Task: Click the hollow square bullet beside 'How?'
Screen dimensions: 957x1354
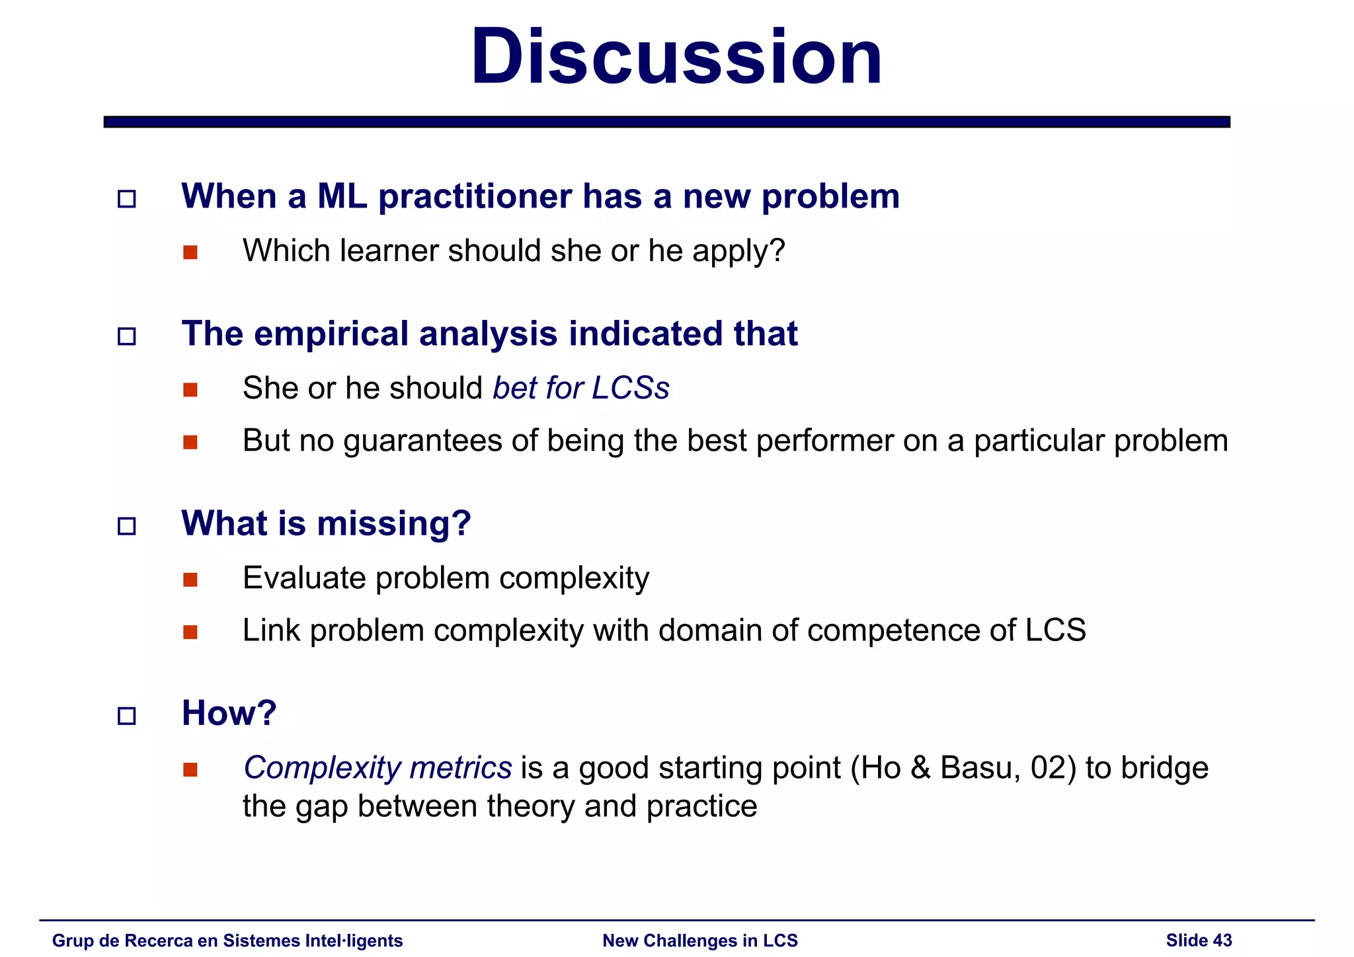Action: pos(126,716)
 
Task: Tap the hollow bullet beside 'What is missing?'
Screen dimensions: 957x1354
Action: pos(126,526)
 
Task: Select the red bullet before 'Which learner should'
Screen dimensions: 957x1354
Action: pos(190,252)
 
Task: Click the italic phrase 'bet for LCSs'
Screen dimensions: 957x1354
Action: pos(580,388)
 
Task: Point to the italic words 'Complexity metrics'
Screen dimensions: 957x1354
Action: pos(378,768)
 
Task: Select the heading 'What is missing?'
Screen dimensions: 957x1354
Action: pos(326,523)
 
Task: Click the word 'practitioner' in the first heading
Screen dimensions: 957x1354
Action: pos(475,197)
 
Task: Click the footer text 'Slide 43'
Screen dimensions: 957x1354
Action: pos(1199,940)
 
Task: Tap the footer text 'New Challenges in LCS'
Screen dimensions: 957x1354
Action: pos(700,940)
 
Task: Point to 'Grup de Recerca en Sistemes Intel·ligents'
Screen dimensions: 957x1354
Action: pos(227,940)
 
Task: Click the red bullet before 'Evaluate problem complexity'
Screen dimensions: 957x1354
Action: pos(190,580)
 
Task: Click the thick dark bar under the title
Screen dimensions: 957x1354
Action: pos(666,122)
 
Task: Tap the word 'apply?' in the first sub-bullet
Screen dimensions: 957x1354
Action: pos(738,251)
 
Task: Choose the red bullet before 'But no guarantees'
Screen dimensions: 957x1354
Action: pos(190,442)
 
